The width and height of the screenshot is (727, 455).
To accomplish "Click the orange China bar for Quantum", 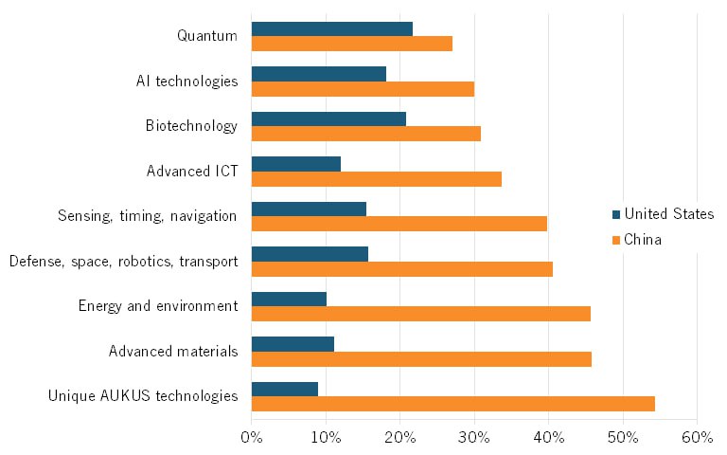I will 351,44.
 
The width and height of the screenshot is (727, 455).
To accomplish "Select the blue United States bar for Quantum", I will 331,29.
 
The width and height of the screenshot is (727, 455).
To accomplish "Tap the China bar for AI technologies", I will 363,89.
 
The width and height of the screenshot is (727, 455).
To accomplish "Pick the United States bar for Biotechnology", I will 328,118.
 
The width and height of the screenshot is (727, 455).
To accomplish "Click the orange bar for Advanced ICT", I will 376,178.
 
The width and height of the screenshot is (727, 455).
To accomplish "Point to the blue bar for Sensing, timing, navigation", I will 309,209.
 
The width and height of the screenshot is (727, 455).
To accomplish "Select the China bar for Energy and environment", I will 420,314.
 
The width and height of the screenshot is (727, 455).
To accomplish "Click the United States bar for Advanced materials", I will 293,343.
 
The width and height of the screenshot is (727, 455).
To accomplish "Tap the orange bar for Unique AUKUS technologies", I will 452,403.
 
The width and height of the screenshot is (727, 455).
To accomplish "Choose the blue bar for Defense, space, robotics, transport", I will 310,254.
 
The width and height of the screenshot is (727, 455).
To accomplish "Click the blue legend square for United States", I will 616,214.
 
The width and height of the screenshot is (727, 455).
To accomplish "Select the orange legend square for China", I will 616,240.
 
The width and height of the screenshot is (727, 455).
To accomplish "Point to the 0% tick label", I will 252,437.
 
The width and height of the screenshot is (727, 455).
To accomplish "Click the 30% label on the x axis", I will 474,437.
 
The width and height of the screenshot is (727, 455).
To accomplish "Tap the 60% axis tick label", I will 697,437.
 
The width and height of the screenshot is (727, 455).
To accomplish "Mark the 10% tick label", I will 326,437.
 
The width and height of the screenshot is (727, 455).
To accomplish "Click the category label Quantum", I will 207,36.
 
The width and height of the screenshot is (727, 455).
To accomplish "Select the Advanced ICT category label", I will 192,172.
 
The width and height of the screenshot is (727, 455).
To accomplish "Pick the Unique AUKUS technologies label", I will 143,395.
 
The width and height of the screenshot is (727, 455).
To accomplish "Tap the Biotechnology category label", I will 191,126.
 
